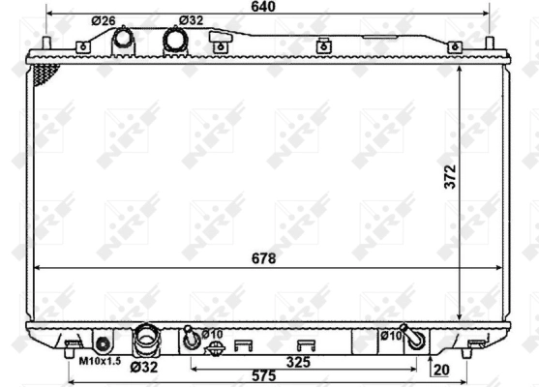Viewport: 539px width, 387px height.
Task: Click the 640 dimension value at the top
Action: (262, 8)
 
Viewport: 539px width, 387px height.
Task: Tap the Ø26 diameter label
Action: (104, 20)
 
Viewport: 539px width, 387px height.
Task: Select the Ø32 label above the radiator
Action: (192, 20)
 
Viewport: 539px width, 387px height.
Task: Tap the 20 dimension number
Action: (441, 369)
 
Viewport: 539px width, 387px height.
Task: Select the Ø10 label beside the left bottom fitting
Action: (212, 334)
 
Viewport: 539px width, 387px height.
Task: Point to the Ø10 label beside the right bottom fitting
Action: (390, 335)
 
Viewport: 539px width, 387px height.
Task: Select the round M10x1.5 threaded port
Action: (103, 340)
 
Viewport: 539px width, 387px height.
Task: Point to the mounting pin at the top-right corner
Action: (490, 44)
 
